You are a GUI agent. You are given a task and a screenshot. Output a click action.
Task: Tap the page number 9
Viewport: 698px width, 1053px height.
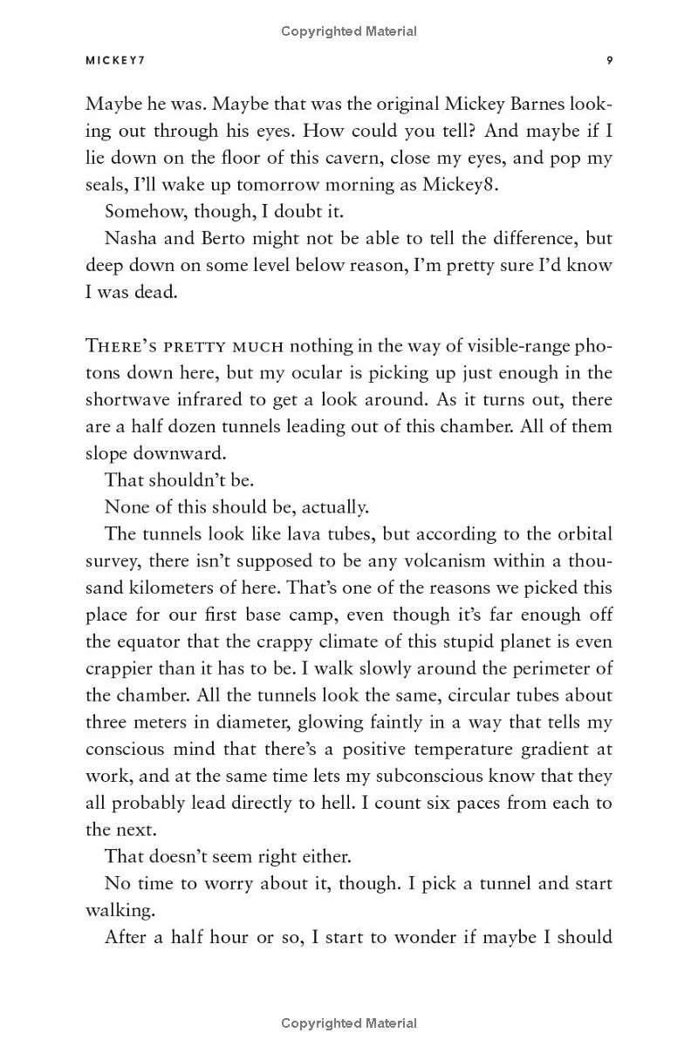tap(609, 60)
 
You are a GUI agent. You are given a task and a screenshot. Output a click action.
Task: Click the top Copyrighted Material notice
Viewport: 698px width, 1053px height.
tap(349, 31)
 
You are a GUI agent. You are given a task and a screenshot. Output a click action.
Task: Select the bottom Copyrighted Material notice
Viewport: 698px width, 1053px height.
tap(349, 1023)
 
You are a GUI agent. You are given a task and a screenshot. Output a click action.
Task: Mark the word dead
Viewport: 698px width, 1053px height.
tap(157, 292)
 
